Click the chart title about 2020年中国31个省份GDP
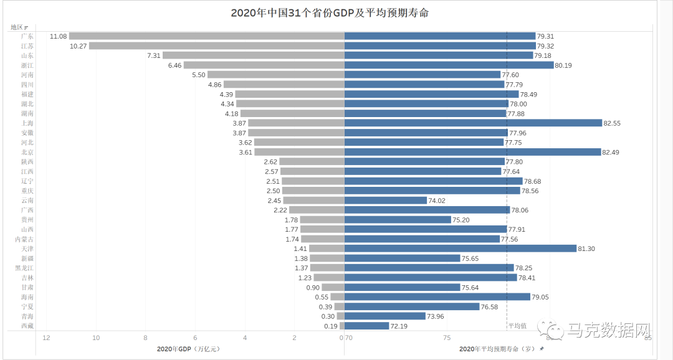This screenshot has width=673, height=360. (330, 12)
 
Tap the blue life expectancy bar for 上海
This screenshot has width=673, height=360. (473, 123)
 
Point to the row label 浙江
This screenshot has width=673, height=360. (27, 65)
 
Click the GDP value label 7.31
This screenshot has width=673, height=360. (153, 55)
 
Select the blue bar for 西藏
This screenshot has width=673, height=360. (366, 326)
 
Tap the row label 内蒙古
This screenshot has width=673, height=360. (24, 239)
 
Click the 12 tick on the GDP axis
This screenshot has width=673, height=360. (46, 338)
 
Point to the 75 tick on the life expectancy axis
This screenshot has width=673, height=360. (447, 338)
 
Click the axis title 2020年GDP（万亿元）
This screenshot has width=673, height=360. (188, 349)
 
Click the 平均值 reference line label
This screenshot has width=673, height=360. (517, 325)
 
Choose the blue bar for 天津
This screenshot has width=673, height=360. (461, 249)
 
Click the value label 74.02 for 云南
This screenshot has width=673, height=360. (436, 201)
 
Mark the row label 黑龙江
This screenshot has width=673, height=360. (24, 268)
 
